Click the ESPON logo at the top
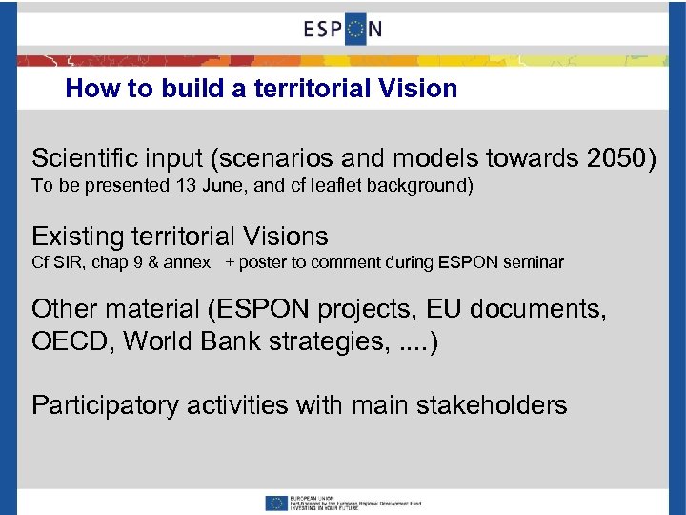pos(343,29)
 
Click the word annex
pos(189,262)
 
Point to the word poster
pos(263,262)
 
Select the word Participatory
pos(105,405)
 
